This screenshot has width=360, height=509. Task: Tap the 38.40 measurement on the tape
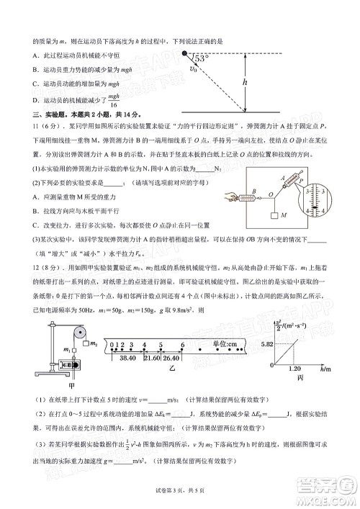click(x=128, y=358)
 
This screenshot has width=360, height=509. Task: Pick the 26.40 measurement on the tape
click(x=171, y=358)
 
